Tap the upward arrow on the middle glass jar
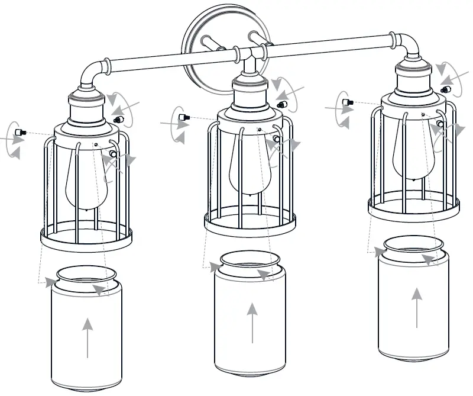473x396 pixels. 252,323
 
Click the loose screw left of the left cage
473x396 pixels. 22,131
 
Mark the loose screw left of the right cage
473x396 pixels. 350,103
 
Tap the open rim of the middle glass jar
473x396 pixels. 250,260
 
